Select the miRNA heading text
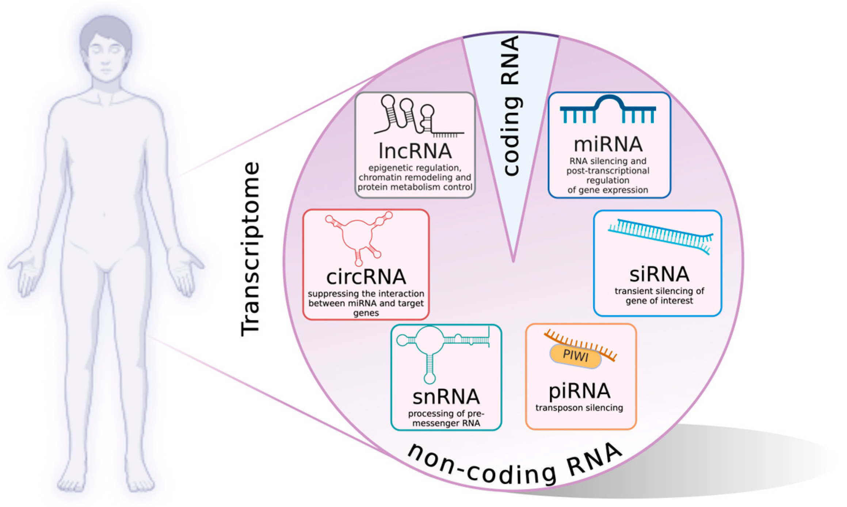tap(608, 144)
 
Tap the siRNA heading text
tap(659, 274)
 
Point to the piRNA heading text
tap(580, 391)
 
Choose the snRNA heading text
tap(446, 397)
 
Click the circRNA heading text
tap(366, 277)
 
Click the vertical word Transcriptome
tap(251, 248)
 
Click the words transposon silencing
tap(579, 408)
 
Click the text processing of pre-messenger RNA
tap(446, 419)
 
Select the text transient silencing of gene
tap(659, 296)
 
